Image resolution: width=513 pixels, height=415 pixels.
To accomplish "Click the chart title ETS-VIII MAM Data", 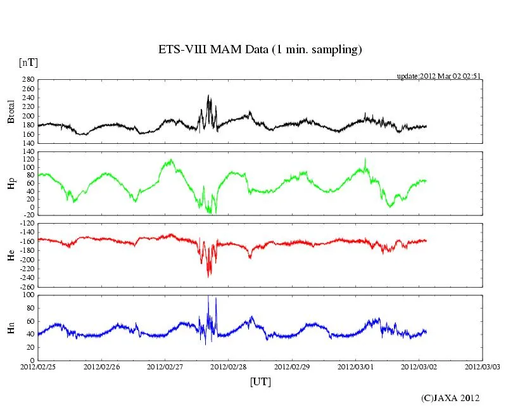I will pos(260,49).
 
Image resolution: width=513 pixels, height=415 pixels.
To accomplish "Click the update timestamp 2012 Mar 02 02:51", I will pos(439,75).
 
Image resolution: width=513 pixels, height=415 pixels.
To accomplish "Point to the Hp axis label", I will pos(11,182).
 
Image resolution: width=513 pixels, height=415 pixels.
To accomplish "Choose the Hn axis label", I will pos(11,327).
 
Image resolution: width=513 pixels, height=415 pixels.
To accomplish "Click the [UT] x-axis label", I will pos(260,382).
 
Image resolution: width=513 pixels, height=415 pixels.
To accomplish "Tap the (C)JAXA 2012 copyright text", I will pos(450,398).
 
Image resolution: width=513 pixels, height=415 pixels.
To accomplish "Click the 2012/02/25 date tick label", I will pos(38,366).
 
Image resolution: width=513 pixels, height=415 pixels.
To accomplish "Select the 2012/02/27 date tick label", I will pos(165,366).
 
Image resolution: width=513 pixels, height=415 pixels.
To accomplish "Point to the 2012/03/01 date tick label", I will pos(356,366).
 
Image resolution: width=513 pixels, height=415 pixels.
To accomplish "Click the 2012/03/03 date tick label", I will pos(483,366).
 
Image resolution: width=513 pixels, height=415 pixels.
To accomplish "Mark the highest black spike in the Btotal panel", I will pos(208,96).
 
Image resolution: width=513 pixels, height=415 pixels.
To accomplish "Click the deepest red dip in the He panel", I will pos(209,277).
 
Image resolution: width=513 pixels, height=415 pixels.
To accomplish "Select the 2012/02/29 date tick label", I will pos(293,366).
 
